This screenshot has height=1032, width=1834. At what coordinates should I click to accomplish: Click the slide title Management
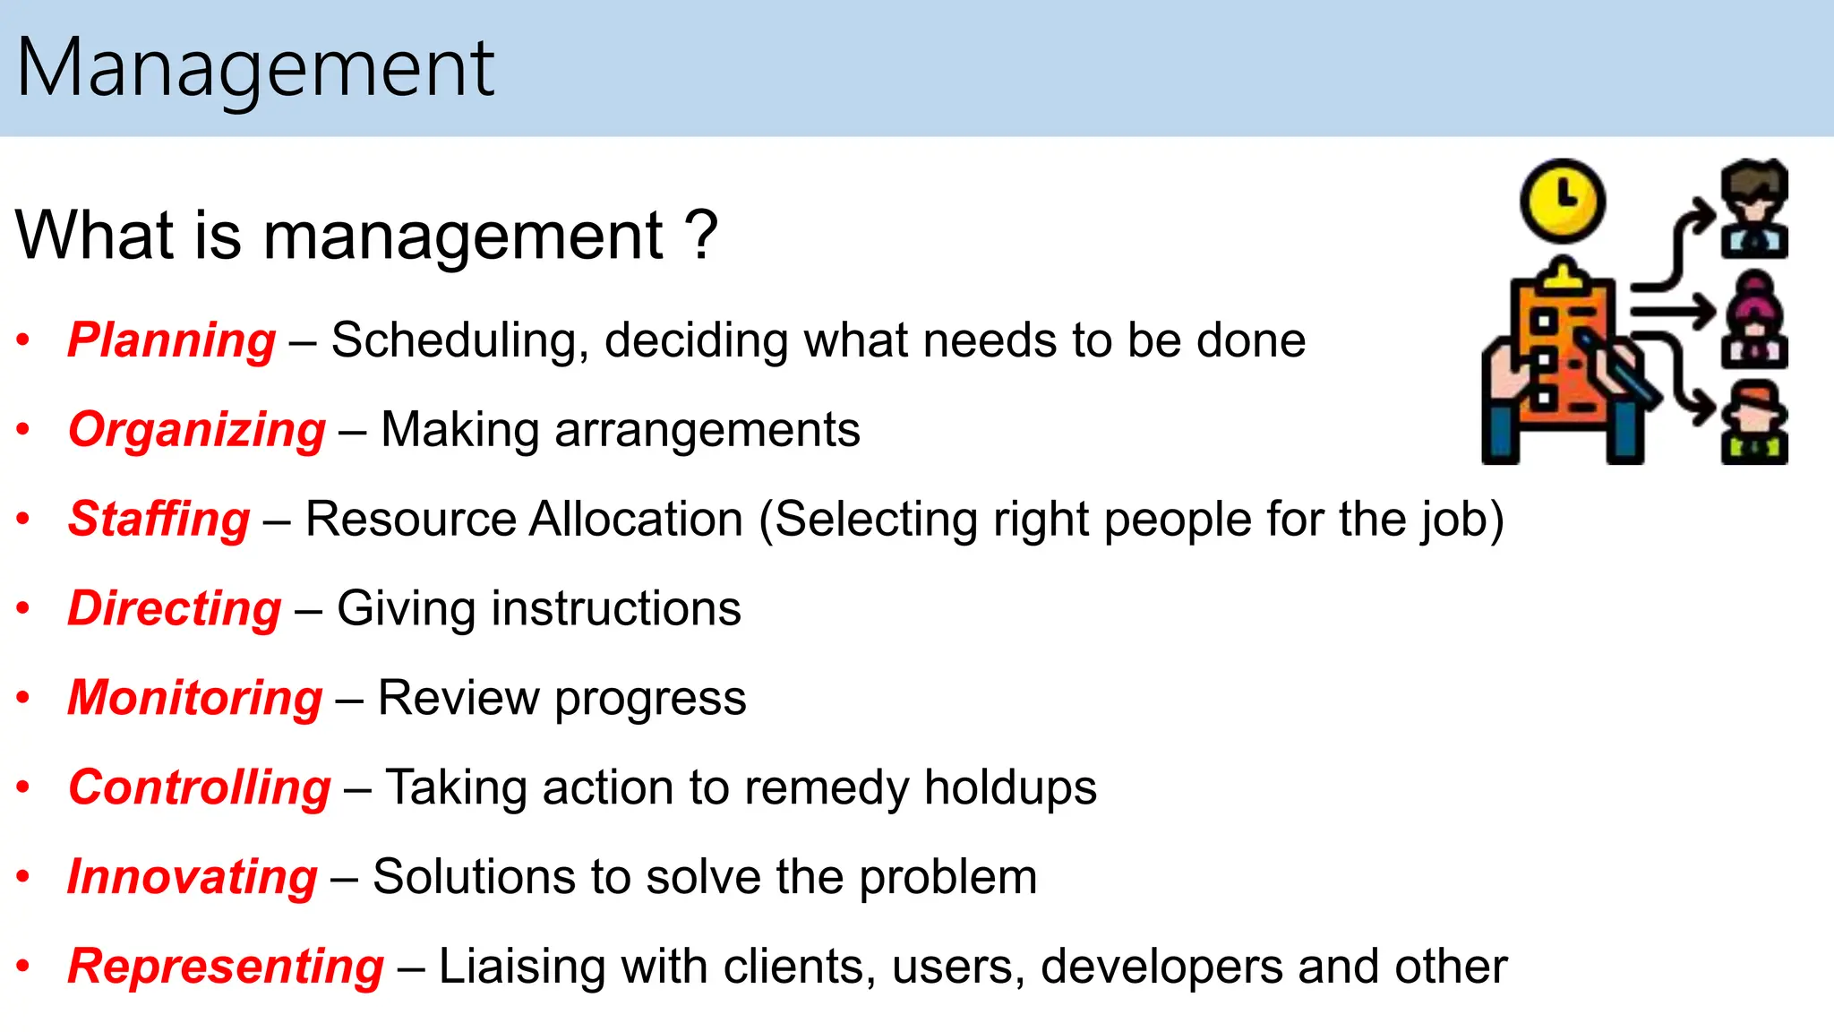[x=255, y=68]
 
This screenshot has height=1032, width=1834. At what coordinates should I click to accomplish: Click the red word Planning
[x=172, y=340]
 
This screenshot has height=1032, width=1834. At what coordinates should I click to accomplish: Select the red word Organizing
[x=197, y=430]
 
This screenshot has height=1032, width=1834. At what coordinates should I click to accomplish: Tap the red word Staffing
[x=159, y=520]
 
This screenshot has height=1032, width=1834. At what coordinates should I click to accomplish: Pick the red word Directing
[x=175, y=609]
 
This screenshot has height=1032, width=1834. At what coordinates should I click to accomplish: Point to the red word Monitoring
[x=195, y=698]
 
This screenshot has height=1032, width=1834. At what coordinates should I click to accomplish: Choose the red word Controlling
[x=200, y=787]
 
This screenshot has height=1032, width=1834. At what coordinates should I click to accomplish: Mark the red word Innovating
[x=193, y=877]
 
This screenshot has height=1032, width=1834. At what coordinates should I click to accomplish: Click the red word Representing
[x=226, y=967]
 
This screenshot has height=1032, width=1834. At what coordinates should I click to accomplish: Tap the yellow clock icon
[x=1563, y=201]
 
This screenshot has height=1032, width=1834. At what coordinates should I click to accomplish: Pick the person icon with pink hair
[x=1754, y=320]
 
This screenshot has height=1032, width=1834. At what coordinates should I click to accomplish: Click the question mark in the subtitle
[x=701, y=236]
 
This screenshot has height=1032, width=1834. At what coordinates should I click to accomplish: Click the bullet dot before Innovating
[x=24, y=876]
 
